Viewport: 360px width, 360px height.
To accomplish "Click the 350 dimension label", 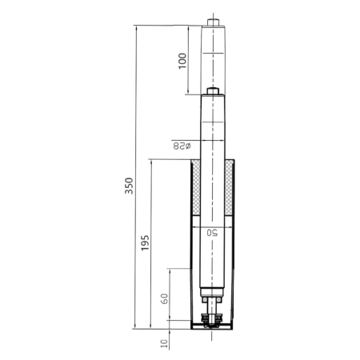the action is pyautogui.click(x=129, y=186).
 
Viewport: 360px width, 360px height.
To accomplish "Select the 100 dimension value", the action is pyautogui.click(x=182, y=61).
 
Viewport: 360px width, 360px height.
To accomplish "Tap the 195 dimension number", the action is pyautogui.click(x=145, y=242).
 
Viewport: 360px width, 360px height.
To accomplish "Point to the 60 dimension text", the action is pyautogui.click(x=165, y=298).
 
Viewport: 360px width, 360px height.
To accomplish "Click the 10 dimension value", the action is pyautogui.click(x=165, y=343).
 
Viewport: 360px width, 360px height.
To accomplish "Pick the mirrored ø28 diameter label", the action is pyautogui.click(x=182, y=146).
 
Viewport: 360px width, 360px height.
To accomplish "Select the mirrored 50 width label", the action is pyautogui.click(x=212, y=233).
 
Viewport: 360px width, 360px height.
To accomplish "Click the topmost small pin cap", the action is pyautogui.click(x=213, y=22).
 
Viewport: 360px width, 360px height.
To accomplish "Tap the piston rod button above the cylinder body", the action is pyautogui.click(x=213, y=91).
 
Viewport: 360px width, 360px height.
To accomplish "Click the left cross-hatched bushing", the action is pyautogui.click(x=196, y=187).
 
